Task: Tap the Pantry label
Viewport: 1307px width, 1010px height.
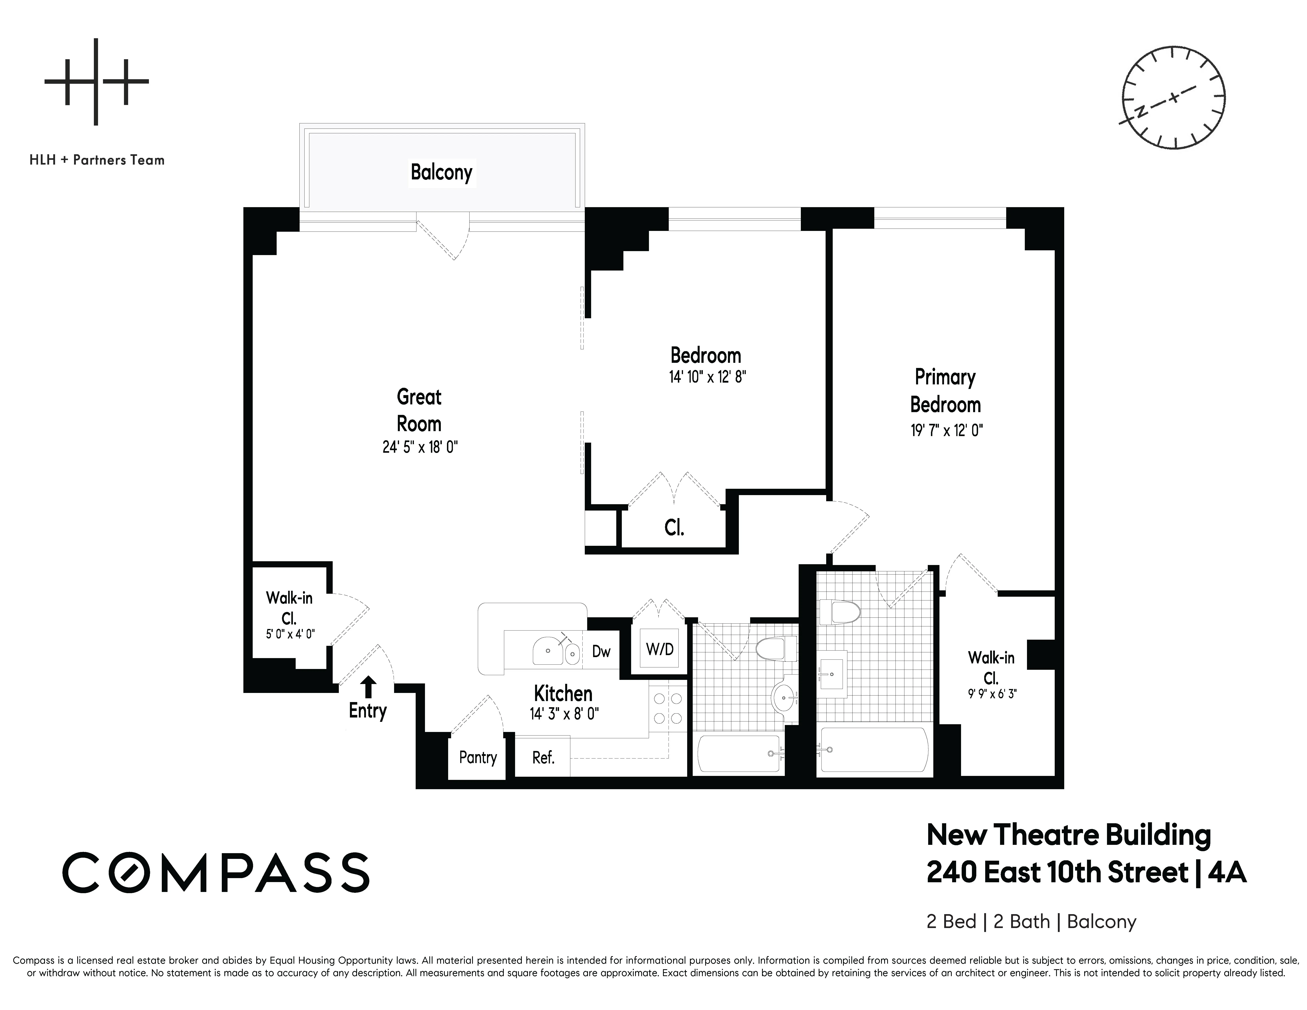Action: click(478, 757)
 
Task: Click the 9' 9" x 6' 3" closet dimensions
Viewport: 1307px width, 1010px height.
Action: click(992, 694)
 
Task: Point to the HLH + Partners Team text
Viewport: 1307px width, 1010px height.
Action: click(97, 160)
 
